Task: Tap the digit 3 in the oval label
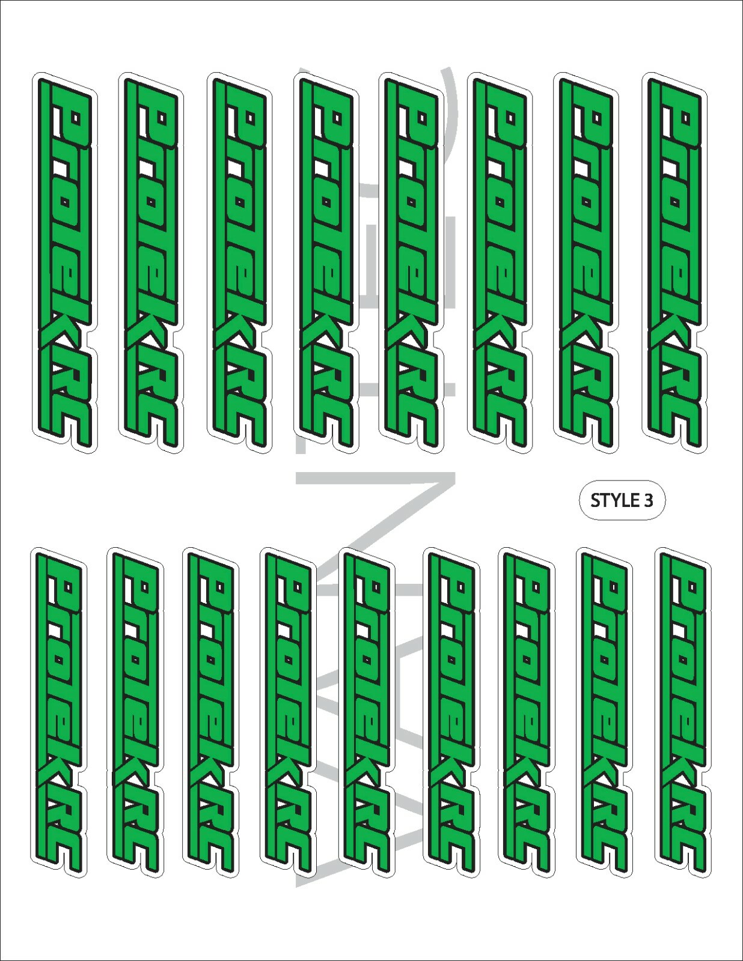pos(648,500)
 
